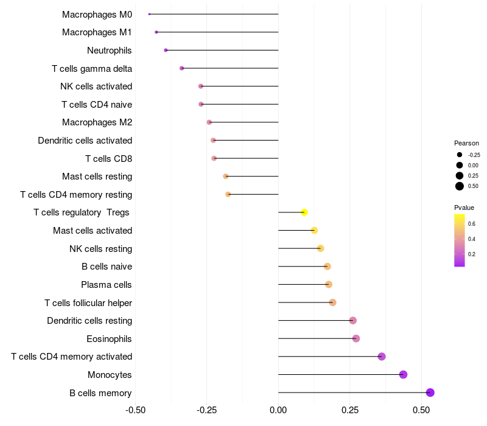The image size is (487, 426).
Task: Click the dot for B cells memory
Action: coord(430,393)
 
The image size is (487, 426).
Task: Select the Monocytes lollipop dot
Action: coord(403,374)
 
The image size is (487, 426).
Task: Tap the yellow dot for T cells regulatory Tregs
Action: coord(304,212)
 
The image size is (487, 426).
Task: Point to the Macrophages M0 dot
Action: coord(149,14)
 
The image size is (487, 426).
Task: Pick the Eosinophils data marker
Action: coord(356,338)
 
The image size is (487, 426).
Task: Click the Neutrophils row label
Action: coord(110,51)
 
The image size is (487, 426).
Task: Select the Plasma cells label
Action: coord(107,285)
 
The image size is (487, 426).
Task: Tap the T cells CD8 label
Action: coord(108,159)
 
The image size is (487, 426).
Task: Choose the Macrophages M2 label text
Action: coord(97,122)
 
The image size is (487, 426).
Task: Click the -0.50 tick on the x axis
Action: coord(135,411)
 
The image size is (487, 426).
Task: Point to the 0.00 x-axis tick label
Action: coord(278,411)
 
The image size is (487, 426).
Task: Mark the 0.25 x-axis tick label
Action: coord(349,411)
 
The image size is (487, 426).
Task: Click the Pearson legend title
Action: coord(466,143)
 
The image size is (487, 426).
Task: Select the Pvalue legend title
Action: coord(464,208)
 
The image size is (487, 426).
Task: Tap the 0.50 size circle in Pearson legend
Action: coord(460,186)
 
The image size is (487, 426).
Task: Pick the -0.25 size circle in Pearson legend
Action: coord(460,155)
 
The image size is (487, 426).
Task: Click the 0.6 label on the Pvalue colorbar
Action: coord(472,224)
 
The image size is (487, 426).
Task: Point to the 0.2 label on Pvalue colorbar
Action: coord(472,254)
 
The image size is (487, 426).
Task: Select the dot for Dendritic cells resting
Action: coord(353,321)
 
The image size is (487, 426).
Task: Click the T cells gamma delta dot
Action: coord(182,68)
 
